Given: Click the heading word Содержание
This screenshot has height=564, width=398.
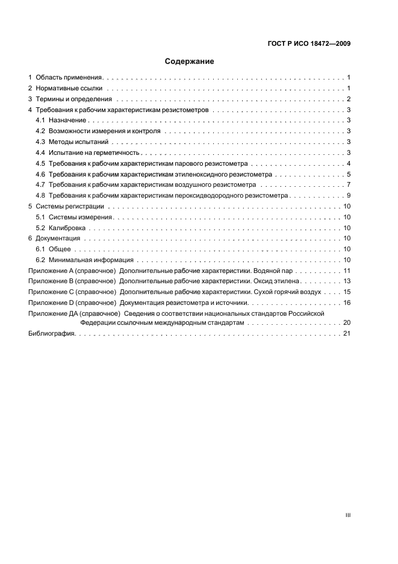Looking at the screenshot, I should [x=190, y=61].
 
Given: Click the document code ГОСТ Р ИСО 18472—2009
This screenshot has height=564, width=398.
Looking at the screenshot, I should [x=308, y=44].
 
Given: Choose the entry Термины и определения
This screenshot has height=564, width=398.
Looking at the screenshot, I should [x=74, y=99].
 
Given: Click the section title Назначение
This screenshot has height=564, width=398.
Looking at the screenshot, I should [x=67, y=121].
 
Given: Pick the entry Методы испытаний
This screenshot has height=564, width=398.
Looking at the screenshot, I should [x=79, y=142].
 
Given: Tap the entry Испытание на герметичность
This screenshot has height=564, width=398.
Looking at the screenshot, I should [x=94, y=153].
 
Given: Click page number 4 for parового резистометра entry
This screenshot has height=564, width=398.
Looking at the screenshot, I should [x=349, y=164].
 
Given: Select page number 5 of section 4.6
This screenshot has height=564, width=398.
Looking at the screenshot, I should [x=349, y=174].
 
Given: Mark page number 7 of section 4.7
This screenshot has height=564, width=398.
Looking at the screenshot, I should [x=349, y=184].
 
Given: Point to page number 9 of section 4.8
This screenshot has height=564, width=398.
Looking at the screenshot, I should [x=349, y=195].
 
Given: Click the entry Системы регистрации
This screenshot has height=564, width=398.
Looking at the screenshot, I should [x=70, y=206].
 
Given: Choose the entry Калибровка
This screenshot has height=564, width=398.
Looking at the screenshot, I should [x=67, y=228].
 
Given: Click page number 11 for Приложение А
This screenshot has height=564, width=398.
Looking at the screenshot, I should [x=347, y=271].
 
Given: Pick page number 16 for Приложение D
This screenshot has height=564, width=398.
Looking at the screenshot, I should [x=347, y=302].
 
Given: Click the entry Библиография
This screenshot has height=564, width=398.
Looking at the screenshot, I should [x=51, y=334].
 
